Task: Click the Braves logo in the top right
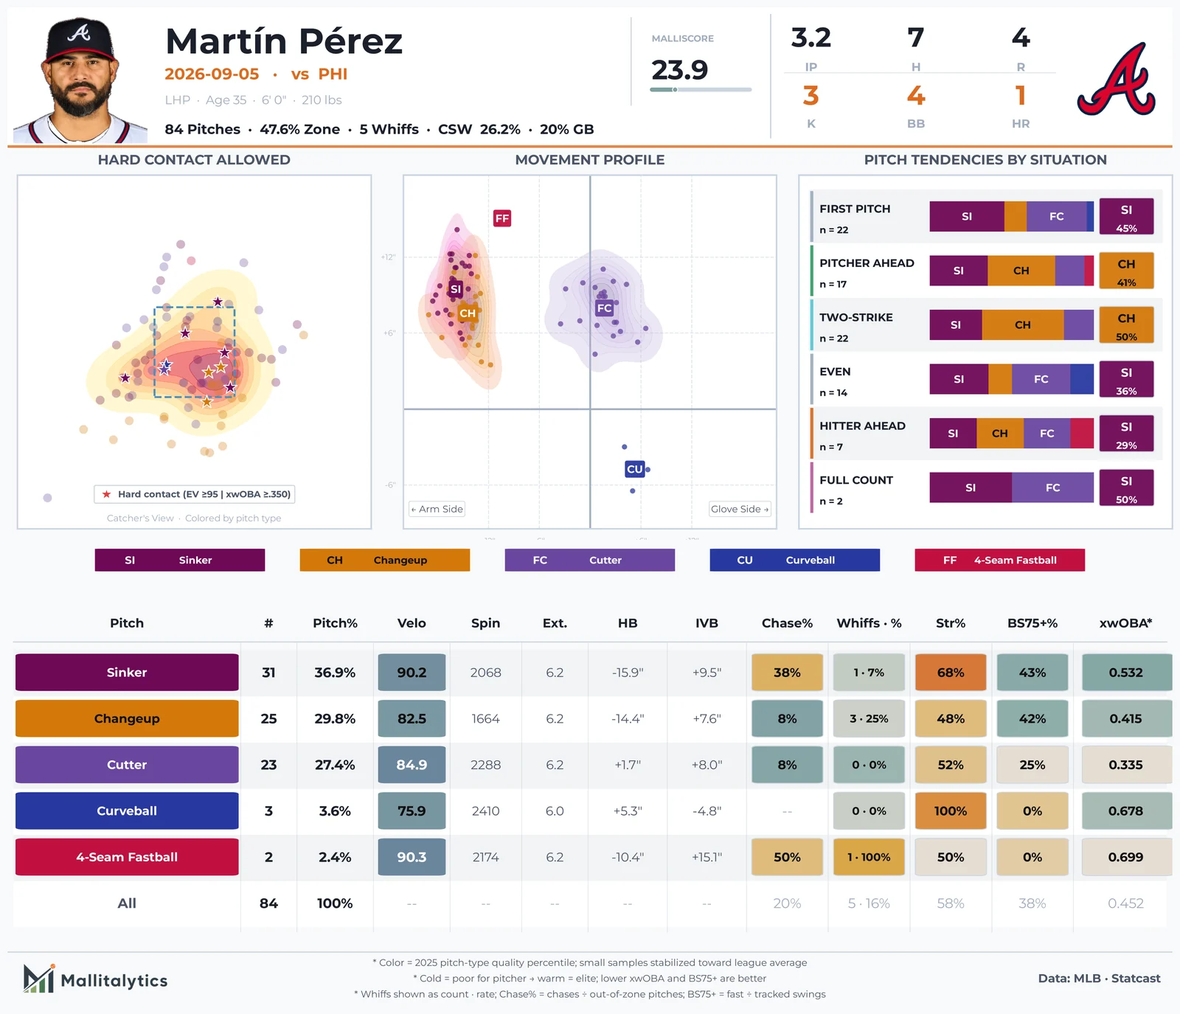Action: [1117, 80]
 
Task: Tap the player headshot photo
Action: [80, 80]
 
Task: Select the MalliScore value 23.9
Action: [679, 70]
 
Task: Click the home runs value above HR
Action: [1021, 96]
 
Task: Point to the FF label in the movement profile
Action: [502, 218]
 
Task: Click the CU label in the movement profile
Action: [635, 469]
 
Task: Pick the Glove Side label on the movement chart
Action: [740, 509]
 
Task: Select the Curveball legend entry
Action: [795, 560]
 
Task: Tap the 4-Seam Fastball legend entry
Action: [1000, 560]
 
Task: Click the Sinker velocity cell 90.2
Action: [412, 673]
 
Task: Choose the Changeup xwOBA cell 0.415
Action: [1126, 718]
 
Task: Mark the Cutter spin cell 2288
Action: [485, 765]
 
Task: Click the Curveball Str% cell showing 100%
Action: [951, 811]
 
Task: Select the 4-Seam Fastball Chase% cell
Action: [787, 857]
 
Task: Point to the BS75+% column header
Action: [1032, 623]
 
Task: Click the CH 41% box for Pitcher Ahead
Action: [1126, 271]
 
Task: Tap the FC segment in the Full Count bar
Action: [1052, 487]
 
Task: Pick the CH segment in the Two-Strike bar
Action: [1023, 325]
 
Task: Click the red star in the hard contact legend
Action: [107, 494]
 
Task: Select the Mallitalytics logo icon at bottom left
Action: [39, 978]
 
